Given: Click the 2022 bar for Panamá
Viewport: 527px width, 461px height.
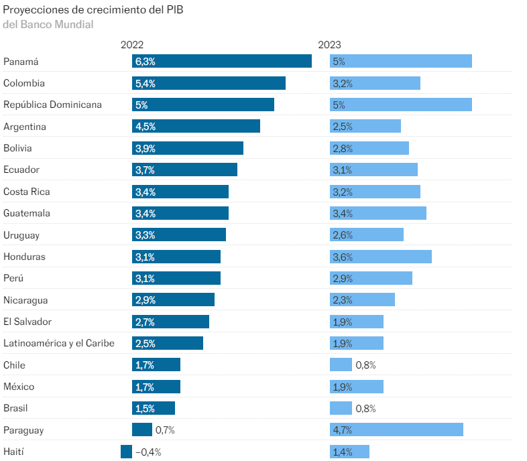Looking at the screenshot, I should point(222,61).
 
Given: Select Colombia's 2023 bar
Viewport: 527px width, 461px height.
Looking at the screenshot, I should point(375,83).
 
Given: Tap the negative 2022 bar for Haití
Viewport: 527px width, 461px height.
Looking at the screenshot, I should point(126,452).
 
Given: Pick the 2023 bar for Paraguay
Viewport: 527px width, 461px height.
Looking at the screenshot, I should point(396,430).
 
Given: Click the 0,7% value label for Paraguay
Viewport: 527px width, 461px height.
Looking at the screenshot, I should point(165,430).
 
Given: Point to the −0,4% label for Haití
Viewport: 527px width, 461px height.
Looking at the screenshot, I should point(148,452).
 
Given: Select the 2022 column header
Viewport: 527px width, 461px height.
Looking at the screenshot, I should point(132,45).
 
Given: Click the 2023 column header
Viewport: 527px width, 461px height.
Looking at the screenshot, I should point(329,45).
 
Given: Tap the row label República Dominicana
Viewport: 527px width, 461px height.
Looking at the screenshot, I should point(52,105).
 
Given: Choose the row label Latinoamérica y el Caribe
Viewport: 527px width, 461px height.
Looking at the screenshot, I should point(59,343).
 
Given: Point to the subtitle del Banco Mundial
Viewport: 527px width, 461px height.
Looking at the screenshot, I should point(48,24).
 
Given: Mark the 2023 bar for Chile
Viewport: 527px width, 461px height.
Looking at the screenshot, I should point(341,365).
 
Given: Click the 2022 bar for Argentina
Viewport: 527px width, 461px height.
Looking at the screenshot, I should point(196,126).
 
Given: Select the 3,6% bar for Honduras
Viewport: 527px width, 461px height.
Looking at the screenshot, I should point(381,257).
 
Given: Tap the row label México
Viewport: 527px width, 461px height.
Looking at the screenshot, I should point(19,387).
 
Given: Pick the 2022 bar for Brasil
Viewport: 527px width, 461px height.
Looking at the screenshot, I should point(154,408).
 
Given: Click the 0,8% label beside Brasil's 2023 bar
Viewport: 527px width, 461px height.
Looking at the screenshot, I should point(365,408).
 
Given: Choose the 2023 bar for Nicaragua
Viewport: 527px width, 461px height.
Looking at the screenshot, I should point(362,300).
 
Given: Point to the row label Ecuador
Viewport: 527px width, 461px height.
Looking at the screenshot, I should point(21,170).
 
